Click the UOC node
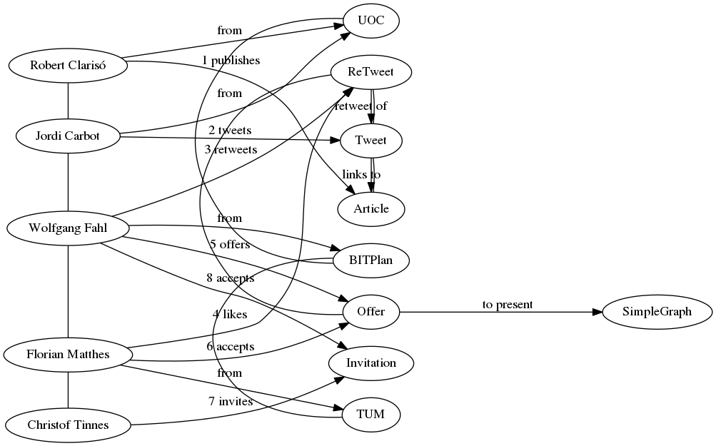click(x=370, y=21)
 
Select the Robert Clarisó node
click(x=68, y=66)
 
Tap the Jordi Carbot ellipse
click(x=68, y=136)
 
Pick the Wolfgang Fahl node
click(x=68, y=228)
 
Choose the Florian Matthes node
click(x=68, y=355)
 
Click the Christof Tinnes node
click(x=68, y=425)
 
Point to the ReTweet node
click(x=370, y=72)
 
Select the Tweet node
click(x=370, y=141)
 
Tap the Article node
click(x=370, y=209)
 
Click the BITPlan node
click(x=370, y=260)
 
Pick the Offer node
click(x=370, y=312)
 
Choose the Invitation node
click(x=370, y=363)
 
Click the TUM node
click(x=370, y=415)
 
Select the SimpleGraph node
click(x=657, y=312)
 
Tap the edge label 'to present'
click(x=508, y=305)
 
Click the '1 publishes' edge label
click(x=231, y=60)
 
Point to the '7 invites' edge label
click(x=231, y=402)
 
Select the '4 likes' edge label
click(x=230, y=315)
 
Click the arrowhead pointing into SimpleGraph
click(x=597, y=313)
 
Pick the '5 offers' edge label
click(x=230, y=245)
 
